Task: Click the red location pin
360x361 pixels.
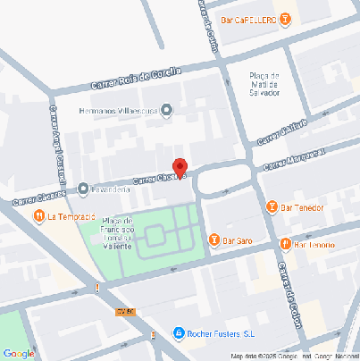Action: (179, 168)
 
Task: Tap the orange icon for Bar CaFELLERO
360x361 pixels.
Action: (284, 19)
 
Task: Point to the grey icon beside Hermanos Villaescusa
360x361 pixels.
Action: (166, 110)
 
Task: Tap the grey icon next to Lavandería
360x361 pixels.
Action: (83, 189)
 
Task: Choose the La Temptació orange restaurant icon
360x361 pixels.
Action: (38, 216)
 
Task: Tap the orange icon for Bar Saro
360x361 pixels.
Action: (213, 239)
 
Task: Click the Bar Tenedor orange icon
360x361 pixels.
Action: (272, 207)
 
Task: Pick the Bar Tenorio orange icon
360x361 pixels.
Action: (284, 243)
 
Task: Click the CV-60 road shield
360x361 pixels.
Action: (124, 311)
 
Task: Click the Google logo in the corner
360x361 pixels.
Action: (18, 353)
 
